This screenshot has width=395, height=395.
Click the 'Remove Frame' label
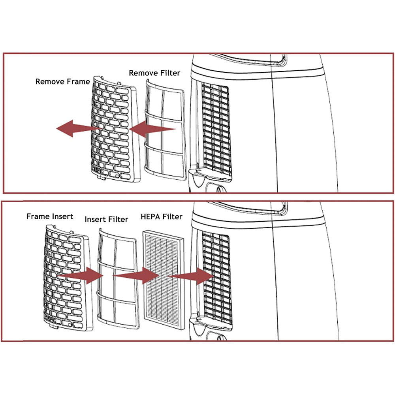point(62,82)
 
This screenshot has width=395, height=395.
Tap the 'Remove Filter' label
point(154,73)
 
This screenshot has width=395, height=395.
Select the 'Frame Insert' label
point(50,216)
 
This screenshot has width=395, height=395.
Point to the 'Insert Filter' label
point(106,219)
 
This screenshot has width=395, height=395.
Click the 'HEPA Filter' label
point(161,216)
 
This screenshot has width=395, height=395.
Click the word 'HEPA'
point(150,216)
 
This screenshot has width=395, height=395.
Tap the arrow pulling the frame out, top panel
point(78,128)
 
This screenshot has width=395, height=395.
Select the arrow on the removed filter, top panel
point(152,129)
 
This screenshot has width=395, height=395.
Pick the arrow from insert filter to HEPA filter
point(136,275)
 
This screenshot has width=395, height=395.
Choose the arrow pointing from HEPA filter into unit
point(191,276)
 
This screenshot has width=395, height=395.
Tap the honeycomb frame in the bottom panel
point(68,278)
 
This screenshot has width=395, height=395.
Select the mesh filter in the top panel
point(165,130)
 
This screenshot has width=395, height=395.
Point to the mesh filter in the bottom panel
point(118,278)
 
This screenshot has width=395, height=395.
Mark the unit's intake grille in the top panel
point(216,130)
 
